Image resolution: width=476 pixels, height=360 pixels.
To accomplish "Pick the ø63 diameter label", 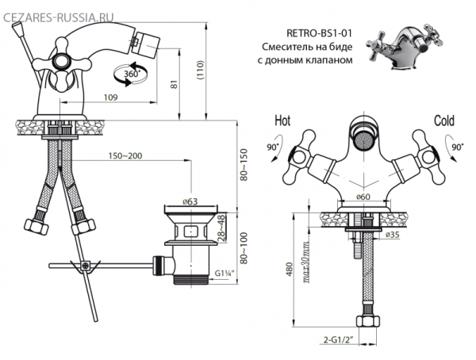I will (x=190, y=203).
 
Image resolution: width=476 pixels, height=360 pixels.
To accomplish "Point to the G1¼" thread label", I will (x=226, y=275).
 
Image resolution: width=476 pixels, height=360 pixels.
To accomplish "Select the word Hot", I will (x=282, y=121).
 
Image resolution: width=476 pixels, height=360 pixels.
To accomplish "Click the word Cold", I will (x=443, y=121).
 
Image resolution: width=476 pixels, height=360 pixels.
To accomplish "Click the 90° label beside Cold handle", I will (x=459, y=148).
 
